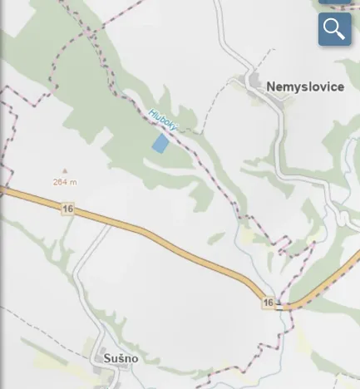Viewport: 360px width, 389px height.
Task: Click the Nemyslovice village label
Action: (x=305, y=86)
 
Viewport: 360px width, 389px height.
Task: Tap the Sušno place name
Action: (x=121, y=358)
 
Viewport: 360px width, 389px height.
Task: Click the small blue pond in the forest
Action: (x=160, y=143)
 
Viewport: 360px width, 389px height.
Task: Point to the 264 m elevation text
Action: (x=64, y=181)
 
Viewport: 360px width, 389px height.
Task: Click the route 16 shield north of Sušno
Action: (x=67, y=209)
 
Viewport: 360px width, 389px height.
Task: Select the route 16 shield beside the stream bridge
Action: (x=268, y=303)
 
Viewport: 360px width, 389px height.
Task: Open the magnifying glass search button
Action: (x=334, y=29)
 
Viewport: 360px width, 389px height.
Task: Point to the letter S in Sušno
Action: (x=107, y=358)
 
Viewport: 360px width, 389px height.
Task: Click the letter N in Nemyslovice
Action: (x=271, y=86)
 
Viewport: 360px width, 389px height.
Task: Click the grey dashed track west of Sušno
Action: (x=33, y=328)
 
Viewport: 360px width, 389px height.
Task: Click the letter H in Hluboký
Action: (x=151, y=112)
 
